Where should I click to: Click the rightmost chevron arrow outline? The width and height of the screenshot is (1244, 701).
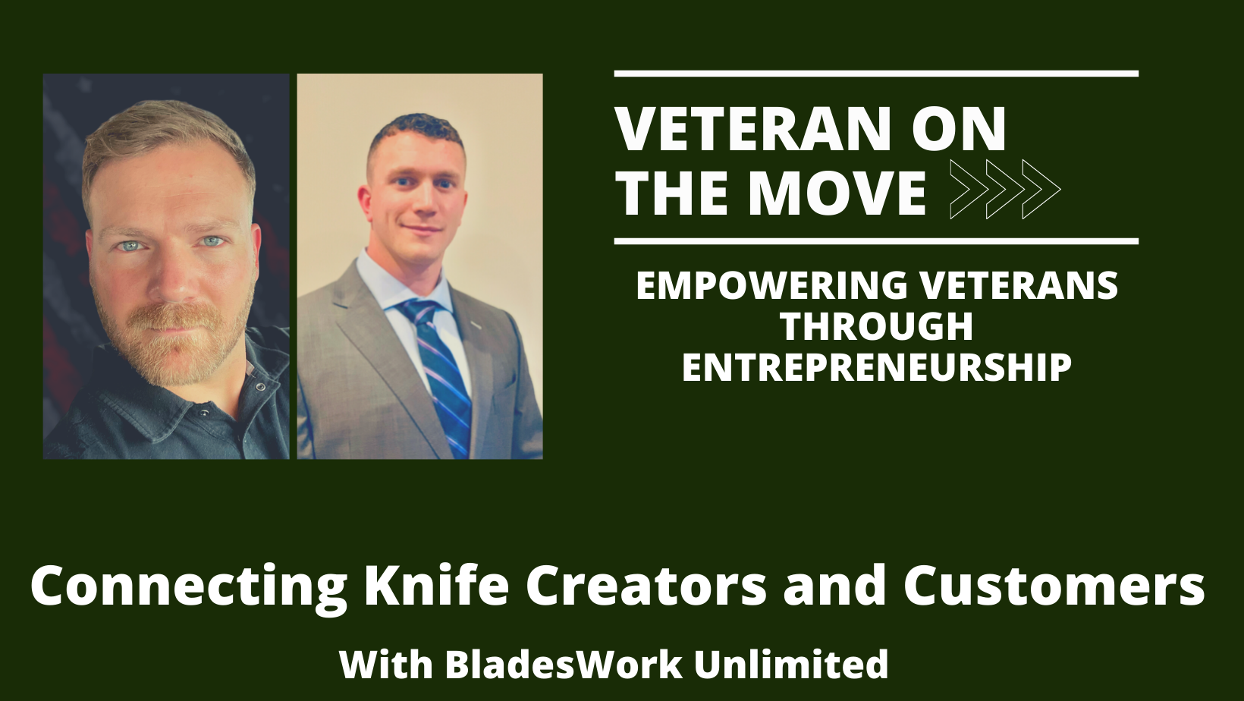[x=1041, y=190]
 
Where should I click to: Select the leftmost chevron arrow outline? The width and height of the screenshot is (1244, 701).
[x=969, y=190]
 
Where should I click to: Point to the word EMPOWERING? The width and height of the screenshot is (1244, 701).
[x=772, y=286]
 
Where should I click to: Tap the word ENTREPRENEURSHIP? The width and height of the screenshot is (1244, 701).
[x=876, y=367]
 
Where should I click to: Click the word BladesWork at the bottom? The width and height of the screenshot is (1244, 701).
[x=564, y=665]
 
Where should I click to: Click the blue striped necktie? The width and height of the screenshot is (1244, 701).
[x=438, y=373]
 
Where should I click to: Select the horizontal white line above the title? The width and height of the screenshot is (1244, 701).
[x=876, y=74]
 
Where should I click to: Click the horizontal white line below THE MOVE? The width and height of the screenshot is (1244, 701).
[x=876, y=241]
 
